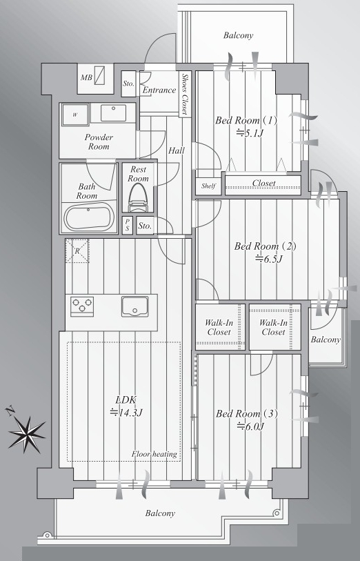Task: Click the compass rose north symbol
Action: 26,433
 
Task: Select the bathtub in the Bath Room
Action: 90,217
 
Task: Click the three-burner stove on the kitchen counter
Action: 82,306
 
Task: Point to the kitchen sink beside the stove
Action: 134,306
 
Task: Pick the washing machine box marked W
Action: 75,115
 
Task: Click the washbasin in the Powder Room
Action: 113,112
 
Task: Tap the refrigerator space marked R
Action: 77,250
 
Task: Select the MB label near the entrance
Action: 86,77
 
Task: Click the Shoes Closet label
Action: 184,94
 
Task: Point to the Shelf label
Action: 208,186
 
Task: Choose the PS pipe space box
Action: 128,226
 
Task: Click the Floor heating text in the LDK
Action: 154,454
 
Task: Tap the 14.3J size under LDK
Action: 127,413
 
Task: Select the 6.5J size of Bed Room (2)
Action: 268,258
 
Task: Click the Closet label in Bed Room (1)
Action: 264,183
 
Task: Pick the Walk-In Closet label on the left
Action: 219,327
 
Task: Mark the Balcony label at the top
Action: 238,35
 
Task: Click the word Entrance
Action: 159,90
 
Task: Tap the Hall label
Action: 177,150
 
